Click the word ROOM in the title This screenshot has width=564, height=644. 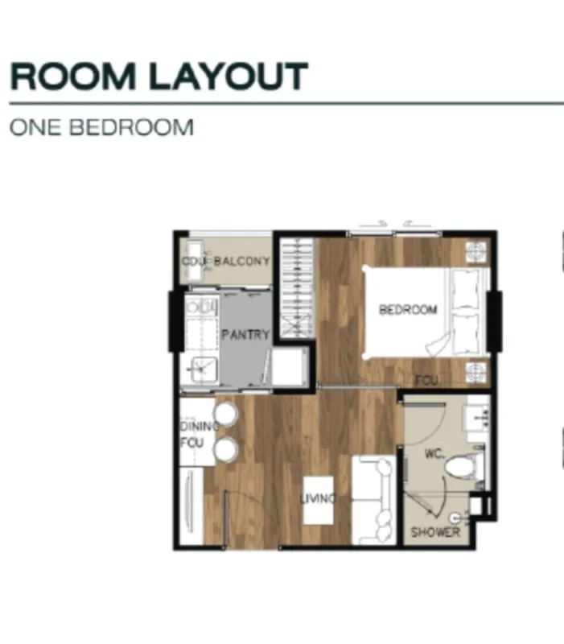[x=72, y=76]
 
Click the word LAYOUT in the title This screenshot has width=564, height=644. [x=228, y=76]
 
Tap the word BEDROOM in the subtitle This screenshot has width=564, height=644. [x=131, y=127]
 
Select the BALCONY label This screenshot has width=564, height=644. [x=242, y=261]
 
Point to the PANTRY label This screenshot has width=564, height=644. [x=245, y=334]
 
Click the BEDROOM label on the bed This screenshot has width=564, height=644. [x=408, y=309]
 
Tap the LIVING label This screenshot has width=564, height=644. [x=318, y=498]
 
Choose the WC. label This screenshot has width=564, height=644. [x=434, y=453]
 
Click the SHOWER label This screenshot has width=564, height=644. [x=435, y=532]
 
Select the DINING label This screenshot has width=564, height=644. [x=200, y=427]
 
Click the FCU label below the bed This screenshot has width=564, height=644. [x=426, y=380]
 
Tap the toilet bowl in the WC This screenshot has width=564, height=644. [x=461, y=468]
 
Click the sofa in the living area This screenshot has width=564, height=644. [x=374, y=500]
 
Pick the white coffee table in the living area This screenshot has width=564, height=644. [x=318, y=500]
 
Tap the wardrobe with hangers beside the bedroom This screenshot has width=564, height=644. [x=297, y=288]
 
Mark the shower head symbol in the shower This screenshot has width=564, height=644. [x=455, y=518]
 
